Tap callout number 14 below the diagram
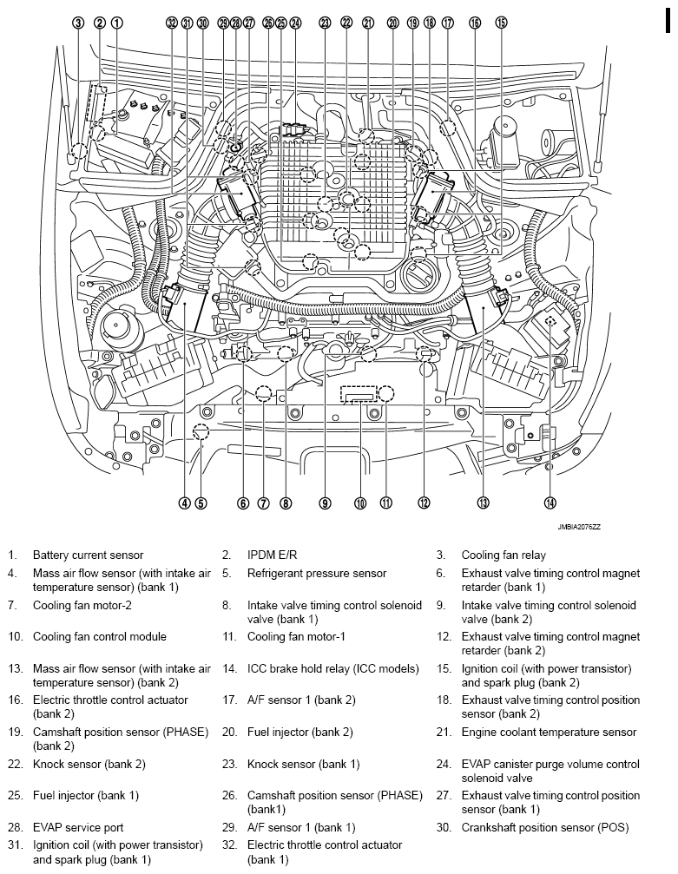pyautogui.click(x=550, y=503)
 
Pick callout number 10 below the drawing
pyautogui.click(x=360, y=503)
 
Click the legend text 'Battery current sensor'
pyautogui.click(x=88, y=555)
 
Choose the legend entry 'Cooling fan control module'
pyautogui.click(x=99, y=637)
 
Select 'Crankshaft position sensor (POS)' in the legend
pyautogui.click(x=545, y=827)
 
